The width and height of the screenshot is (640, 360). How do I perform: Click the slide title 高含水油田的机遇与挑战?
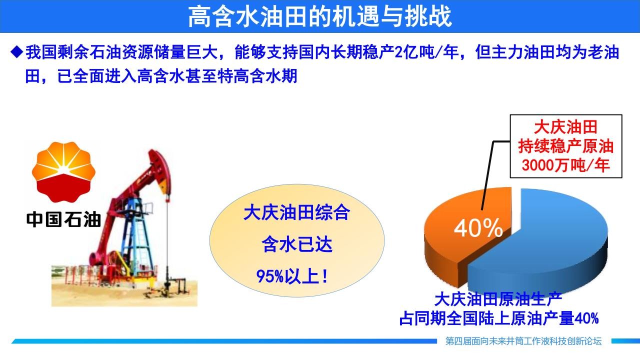tap(320, 16)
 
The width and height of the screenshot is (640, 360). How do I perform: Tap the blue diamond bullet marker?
tap(17, 52)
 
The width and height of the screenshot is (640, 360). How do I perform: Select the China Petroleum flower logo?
tap(63, 171)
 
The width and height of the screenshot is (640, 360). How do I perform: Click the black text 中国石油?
tap(63, 219)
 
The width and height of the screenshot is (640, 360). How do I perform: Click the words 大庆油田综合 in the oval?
tap(296, 212)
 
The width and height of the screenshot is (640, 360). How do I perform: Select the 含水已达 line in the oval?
tap(297, 244)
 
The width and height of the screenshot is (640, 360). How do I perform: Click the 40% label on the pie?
tap(478, 227)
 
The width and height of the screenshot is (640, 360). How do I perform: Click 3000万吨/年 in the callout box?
tap(565, 165)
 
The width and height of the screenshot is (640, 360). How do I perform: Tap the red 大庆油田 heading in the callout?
tap(565, 127)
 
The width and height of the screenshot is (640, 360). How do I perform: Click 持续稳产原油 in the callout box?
tap(565, 146)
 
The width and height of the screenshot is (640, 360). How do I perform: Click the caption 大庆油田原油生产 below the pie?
tap(498, 299)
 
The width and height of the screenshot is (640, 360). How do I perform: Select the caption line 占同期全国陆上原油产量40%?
tap(499, 318)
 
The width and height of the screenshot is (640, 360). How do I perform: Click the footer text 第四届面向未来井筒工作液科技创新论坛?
tap(523, 341)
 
